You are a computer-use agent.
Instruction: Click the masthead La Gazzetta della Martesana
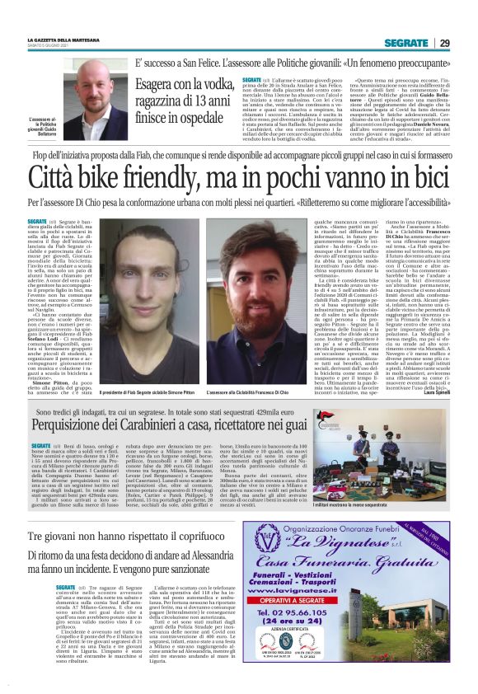[65, 41]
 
